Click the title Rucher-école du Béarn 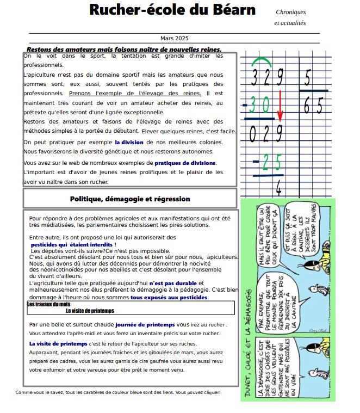[172, 10]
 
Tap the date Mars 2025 [174, 38]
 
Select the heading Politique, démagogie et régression [130, 199]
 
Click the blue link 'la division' [129, 141]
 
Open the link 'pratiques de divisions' [185, 163]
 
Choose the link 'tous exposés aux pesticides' [169, 298]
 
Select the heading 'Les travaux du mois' [49, 305]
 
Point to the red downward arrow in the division [280, 107]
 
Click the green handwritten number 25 [271, 162]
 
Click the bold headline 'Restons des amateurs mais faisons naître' [124, 49]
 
